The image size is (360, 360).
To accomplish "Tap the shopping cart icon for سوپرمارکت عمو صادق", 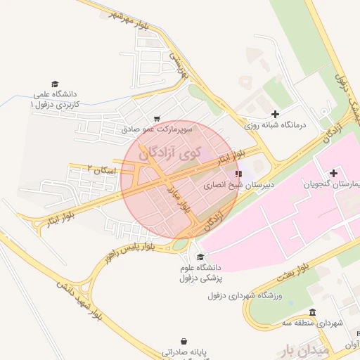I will pyautogui.click(x=156, y=119).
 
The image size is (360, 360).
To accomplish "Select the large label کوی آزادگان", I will pyautogui.click(x=169, y=150).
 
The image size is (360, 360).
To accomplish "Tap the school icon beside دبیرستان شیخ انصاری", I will pyautogui.click(x=239, y=173).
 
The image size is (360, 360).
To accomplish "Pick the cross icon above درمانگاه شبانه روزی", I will pyautogui.click(x=275, y=114).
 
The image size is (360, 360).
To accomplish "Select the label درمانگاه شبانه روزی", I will pyautogui.click(x=276, y=125).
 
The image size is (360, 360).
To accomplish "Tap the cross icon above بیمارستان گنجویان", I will pyautogui.click(x=333, y=173).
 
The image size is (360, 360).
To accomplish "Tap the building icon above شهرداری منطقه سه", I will pyautogui.click(x=313, y=312).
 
